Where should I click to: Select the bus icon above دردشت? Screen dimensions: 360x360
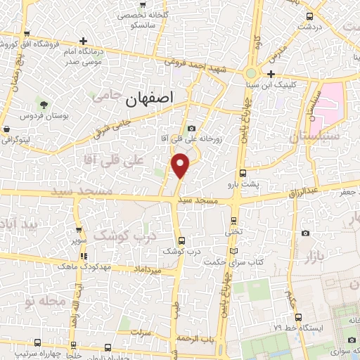tap(309, 15)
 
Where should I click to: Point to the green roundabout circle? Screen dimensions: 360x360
tap(251, 73)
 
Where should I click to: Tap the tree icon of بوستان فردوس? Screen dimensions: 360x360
tap(44, 104)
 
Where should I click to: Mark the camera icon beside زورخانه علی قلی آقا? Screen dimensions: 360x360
tap(192, 128)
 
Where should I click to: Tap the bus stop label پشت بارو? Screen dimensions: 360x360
tap(245, 184)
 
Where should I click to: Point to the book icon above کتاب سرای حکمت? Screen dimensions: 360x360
tap(234, 251)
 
